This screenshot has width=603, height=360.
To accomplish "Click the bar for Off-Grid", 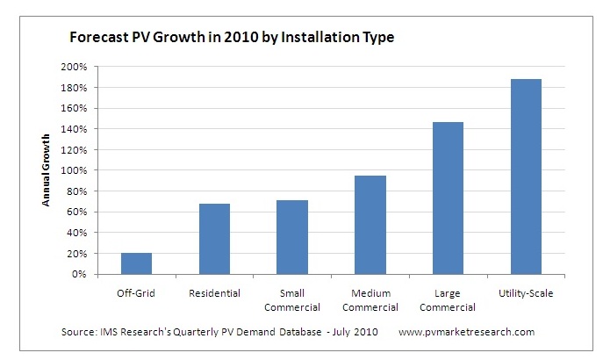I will (x=136, y=263).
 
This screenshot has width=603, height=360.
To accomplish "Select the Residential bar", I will (x=214, y=239).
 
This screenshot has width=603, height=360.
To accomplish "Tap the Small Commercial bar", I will (x=292, y=237).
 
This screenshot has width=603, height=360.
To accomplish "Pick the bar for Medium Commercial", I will (x=370, y=225).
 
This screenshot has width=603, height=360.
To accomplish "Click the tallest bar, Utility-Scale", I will (x=526, y=176).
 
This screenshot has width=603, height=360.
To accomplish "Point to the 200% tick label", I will (x=97, y=68).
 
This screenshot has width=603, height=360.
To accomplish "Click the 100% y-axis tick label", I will (x=97, y=171).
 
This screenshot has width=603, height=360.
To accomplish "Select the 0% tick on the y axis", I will (x=101, y=275).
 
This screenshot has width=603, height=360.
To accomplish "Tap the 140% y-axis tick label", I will (x=97, y=130).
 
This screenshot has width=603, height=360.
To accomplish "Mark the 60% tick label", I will (x=100, y=212).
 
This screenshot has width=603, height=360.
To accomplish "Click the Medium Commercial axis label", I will (x=370, y=300).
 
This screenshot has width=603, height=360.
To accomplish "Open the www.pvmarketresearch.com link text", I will (x=466, y=333).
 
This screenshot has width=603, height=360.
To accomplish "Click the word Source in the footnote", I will (x=80, y=333).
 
